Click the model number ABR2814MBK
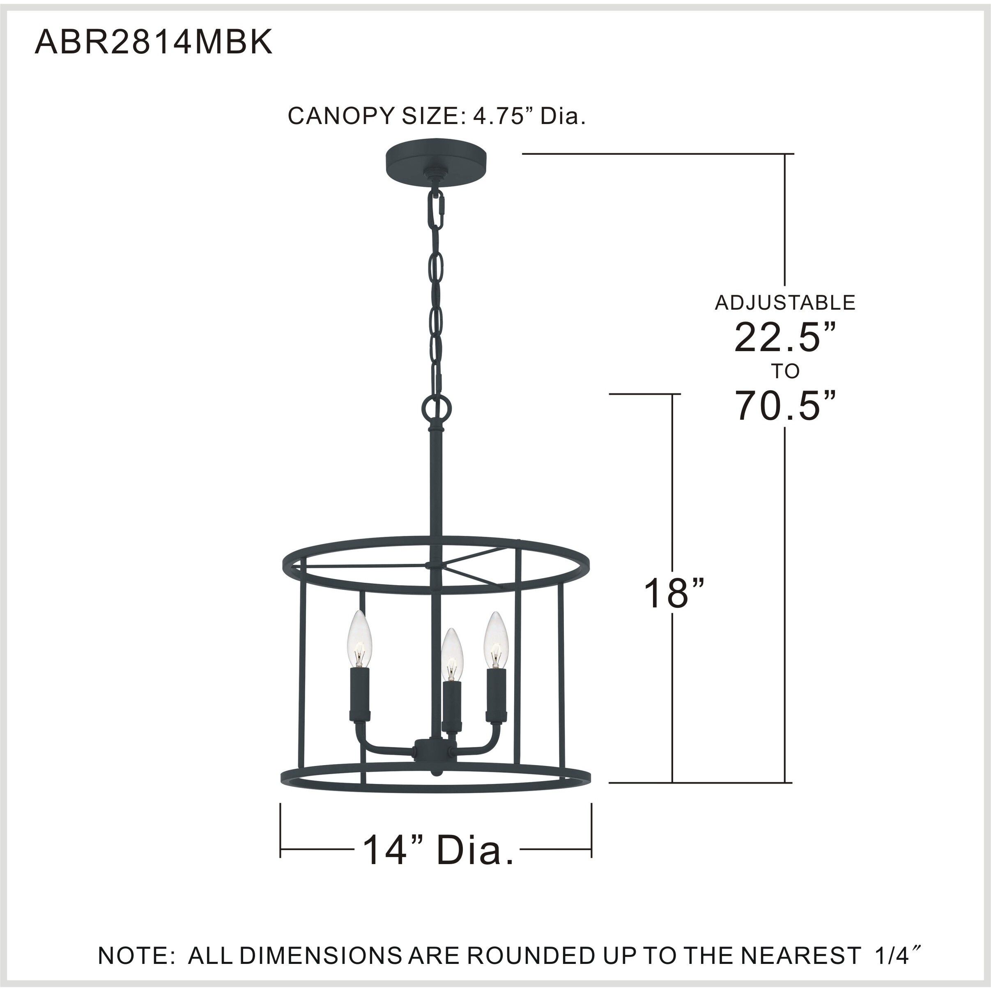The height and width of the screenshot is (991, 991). (x=153, y=43)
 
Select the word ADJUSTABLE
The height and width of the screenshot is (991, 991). (x=785, y=303)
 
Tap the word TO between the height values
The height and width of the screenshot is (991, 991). (x=785, y=371)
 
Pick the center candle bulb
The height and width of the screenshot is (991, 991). (x=452, y=654)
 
